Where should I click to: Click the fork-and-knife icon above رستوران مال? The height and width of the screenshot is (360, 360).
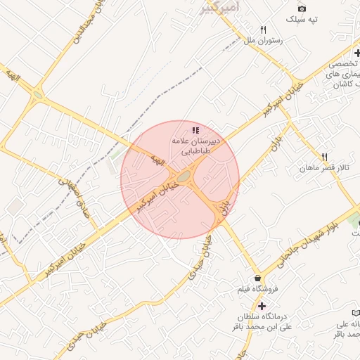tap(263, 30)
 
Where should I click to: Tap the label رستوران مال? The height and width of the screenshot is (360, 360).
tap(263, 41)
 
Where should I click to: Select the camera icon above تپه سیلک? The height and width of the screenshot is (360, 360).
tap(302, 8)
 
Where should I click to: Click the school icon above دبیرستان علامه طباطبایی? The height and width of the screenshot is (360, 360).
tap(195, 130)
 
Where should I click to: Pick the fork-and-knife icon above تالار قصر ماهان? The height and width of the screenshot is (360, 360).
tap(324, 157)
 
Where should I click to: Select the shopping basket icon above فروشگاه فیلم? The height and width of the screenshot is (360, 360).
tap(257, 278)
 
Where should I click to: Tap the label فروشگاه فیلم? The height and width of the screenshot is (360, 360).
tap(258, 289)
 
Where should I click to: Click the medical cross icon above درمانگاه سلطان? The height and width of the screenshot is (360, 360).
tap(262, 306)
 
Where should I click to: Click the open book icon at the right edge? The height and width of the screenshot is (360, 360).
tap(355, 311)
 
